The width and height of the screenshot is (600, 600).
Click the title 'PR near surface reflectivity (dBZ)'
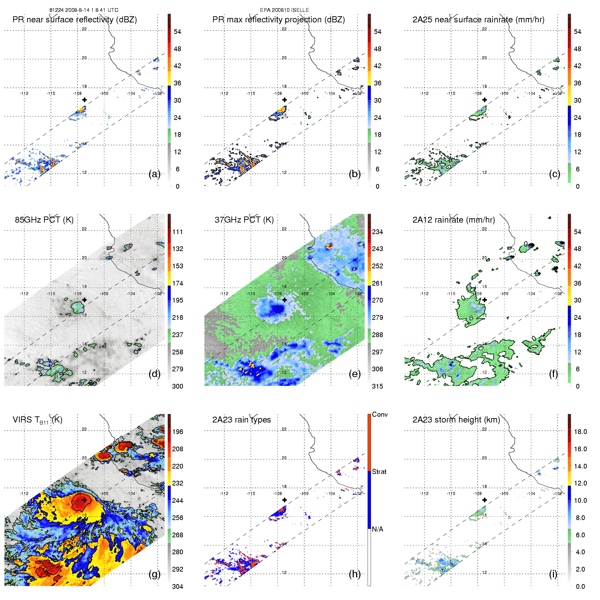75,20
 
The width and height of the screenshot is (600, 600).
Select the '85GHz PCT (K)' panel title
44,220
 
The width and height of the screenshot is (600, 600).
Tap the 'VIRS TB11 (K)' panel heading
37,420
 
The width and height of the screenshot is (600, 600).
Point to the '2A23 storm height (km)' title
456,420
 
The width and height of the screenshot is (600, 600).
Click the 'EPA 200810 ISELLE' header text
285,10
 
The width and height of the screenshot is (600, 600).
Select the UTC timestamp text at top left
84,10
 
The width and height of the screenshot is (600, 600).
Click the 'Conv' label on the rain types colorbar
380,415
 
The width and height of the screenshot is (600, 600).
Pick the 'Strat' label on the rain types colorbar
379,472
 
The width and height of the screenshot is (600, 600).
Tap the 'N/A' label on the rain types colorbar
377,529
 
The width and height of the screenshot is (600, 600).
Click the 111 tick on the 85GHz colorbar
178,232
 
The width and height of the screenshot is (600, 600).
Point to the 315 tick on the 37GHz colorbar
377,387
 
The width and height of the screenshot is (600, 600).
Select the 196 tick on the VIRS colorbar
178,432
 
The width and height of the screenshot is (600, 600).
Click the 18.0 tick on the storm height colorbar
580,432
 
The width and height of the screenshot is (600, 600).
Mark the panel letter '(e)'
354,374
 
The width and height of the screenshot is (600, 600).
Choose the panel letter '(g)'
154,574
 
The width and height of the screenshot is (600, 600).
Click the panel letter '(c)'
554,174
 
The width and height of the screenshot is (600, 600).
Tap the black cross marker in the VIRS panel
84,500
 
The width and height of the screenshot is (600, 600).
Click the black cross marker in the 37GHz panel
285,300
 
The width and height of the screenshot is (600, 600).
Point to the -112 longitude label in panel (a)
24,94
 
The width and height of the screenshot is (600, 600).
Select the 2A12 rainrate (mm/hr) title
454,220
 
